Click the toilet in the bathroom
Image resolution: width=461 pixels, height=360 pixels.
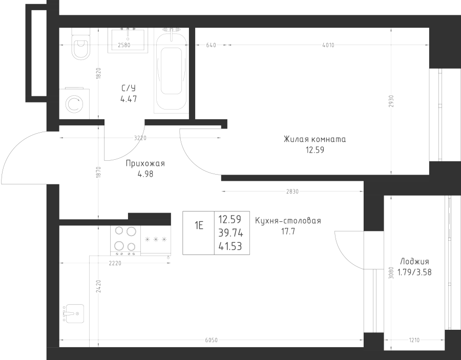tap(80, 46)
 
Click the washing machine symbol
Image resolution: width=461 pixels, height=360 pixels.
tap(74, 104)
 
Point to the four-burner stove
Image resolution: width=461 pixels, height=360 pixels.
tap(125, 240)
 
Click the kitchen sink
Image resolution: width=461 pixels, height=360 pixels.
tap(73, 312)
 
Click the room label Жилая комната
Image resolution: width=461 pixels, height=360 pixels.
tap(315, 139)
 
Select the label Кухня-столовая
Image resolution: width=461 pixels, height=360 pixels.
tap(288, 221)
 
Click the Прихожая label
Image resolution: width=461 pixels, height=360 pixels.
tap(145, 164)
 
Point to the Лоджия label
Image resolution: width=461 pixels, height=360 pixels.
tap(415, 261)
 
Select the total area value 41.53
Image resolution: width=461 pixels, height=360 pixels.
tap(230, 247)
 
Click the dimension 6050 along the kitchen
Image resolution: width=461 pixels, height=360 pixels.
tap(211, 340)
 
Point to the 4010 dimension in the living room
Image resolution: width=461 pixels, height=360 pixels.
tap(328, 45)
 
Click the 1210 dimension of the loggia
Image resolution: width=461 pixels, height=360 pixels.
tap(414, 340)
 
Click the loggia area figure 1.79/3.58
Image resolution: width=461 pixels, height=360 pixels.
tap(414, 272)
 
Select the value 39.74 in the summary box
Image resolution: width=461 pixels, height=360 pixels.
tap(230, 234)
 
